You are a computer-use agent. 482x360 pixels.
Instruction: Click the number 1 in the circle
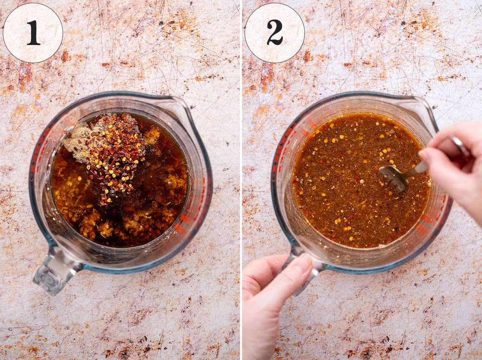(33, 33)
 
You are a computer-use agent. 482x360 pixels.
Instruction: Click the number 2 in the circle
(275, 33)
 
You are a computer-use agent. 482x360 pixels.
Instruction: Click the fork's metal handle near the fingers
(416, 168)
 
